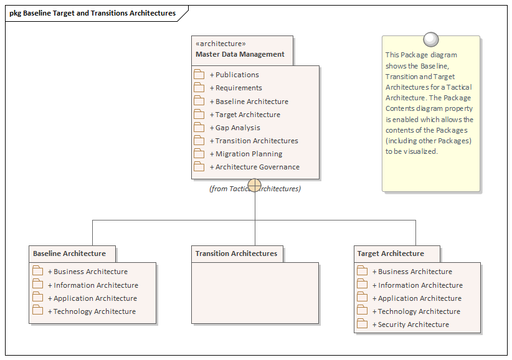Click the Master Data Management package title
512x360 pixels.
point(240,54)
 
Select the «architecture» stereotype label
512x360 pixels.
point(220,44)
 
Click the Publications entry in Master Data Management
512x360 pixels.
point(237,75)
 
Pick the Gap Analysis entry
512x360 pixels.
point(237,128)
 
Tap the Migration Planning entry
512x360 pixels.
point(249,154)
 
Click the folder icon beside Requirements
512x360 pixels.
point(199,88)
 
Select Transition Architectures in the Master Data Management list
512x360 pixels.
point(257,141)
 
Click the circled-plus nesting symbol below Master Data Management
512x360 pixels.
point(255,185)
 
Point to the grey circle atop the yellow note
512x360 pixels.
point(430,40)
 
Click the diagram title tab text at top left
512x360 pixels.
point(92,13)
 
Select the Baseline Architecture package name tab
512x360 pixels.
point(69,253)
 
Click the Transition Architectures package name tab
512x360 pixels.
point(236,253)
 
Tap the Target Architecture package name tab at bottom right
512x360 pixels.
point(391,253)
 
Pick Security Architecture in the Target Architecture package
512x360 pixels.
point(413,324)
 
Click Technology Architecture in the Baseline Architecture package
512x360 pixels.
point(94,311)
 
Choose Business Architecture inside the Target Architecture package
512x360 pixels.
point(415,272)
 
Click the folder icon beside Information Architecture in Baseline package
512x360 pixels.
point(38,285)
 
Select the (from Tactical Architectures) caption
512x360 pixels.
point(255,189)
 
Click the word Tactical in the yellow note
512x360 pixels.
point(460,87)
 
